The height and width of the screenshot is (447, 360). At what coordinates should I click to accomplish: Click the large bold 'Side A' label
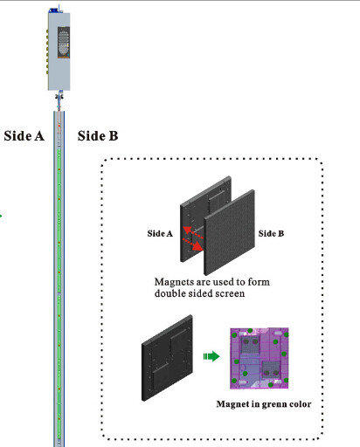[24, 136]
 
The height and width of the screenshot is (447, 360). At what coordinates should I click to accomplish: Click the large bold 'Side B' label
[98, 136]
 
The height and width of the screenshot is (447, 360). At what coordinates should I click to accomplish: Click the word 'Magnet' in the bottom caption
[231, 406]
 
